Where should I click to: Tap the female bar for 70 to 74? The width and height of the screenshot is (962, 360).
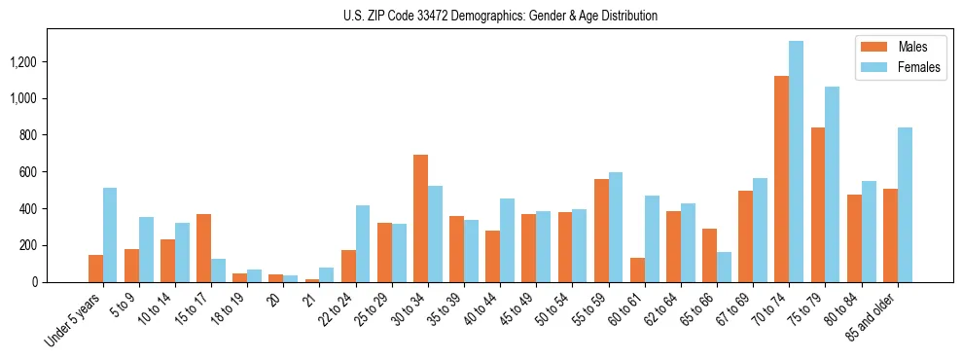[x=796, y=162]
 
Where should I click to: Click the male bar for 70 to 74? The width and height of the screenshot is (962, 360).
[x=781, y=179]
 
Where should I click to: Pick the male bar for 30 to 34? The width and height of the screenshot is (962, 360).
[x=420, y=219]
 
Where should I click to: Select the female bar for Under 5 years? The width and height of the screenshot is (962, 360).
[x=110, y=234]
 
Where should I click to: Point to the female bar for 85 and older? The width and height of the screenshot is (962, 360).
[x=905, y=204]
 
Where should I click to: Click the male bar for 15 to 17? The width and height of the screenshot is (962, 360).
[x=203, y=248]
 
